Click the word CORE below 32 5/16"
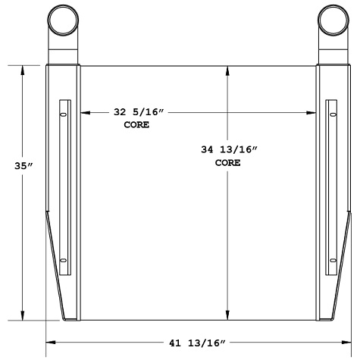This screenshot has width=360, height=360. coord(136,124)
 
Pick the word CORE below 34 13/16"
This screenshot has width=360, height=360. coord(227,162)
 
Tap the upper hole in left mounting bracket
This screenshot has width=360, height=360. coord(64,114)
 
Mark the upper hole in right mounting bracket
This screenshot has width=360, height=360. coord(332,114)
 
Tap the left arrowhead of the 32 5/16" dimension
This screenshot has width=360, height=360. coord(84,113)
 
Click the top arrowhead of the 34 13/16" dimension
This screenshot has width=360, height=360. coord(228,70)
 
